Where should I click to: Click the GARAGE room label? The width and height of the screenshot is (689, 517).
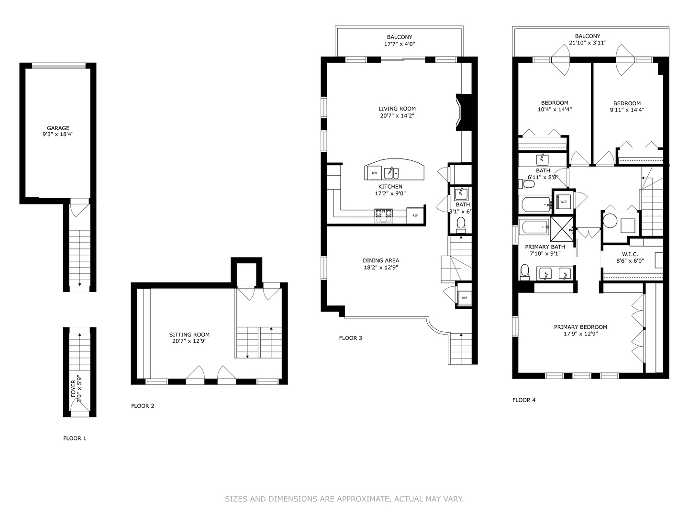coord(58,128)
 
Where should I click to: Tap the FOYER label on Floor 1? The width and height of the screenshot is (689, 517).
coord(73,389)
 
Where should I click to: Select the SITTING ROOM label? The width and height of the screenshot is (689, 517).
coord(189,335)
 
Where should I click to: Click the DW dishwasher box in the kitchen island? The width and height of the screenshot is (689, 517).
coord(374,173)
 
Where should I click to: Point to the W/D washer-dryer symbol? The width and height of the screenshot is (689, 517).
coord(563,202)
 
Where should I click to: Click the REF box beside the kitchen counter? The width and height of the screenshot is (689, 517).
coord(415,215)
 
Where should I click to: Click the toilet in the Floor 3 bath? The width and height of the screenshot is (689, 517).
coord(461,224)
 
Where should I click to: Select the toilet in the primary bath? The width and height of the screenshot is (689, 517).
coord(525,271)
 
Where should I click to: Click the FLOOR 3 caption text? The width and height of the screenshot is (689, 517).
coord(350,338)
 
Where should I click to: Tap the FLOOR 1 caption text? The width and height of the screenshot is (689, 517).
coord(75,438)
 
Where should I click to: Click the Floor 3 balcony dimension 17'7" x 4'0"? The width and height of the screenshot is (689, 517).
coord(400,44)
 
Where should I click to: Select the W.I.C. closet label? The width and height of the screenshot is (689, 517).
coord(630,254)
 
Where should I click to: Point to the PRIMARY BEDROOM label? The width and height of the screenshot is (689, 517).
coord(580,327)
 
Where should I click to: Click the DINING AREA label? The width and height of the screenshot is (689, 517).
coord(380,261)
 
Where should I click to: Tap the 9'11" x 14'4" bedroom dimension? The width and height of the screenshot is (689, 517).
coord(627,110)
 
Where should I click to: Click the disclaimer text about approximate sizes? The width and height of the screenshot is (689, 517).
coord(344,499)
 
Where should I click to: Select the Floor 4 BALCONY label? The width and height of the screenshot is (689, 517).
coord(588,36)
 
